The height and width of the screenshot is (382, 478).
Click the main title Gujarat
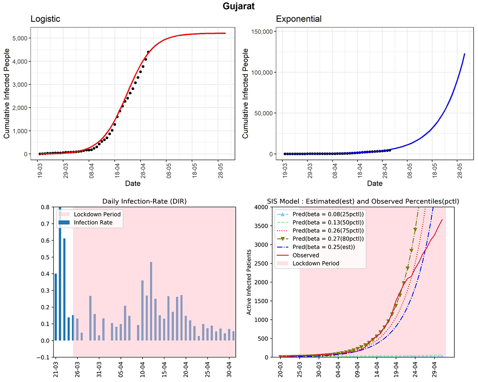click(x=239, y=6)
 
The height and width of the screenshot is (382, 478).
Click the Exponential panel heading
click(x=298, y=19)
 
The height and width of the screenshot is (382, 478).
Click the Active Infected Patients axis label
click(x=250, y=282)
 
